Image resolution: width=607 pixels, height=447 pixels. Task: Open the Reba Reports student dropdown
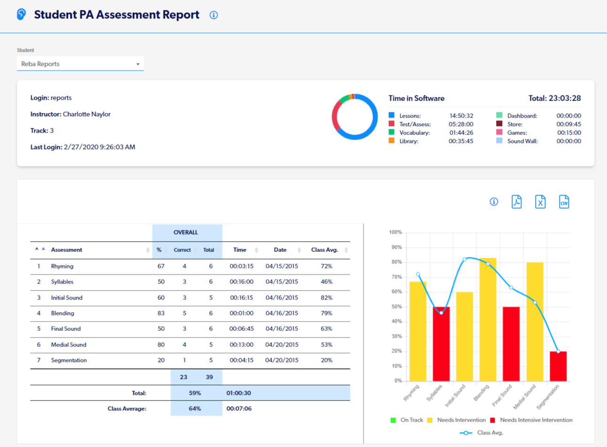[80, 64]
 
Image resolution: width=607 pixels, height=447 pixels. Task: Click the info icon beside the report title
[214, 15]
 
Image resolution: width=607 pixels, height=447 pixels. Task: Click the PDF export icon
[516, 202]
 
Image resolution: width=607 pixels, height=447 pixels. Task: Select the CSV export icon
[564, 202]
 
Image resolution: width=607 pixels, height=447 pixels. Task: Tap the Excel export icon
[540, 202]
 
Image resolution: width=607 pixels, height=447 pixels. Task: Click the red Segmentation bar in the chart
[558, 366]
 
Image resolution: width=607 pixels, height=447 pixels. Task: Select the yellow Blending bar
[488, 320]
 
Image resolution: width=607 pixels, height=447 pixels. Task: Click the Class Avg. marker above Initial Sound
[465, 259]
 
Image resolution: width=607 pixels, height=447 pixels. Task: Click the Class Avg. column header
[325, 250]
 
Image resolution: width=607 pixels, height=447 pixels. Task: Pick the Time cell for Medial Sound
[241, 345]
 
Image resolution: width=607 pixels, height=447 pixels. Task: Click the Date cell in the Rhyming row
[281, 266]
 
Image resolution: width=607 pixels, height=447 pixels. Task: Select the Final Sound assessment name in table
[66, 329]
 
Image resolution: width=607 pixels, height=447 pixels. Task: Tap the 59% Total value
[195, 393]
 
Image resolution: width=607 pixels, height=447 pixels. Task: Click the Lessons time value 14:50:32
[461, 116]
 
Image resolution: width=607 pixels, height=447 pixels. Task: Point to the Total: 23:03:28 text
[554, 98]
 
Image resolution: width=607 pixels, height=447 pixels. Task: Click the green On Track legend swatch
[393, 420]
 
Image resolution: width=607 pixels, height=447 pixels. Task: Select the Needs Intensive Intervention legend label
[536, 420]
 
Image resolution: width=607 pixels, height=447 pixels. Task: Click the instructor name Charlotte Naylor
[87, 114]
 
